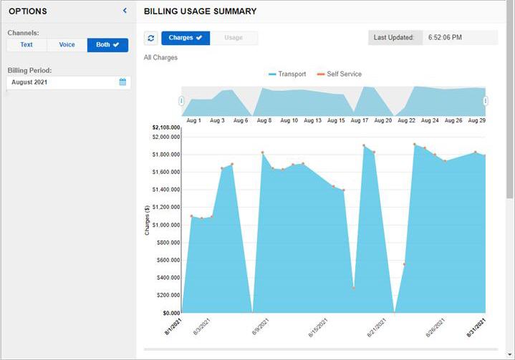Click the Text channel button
(27, 45)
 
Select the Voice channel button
(67, 45)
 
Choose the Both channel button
(107, 45)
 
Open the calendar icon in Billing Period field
(122, 82)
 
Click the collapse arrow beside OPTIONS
(125, 11)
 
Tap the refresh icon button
(151, 38)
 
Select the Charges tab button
(186, 38)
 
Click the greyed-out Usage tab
(234, 38)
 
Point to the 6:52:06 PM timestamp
(445, 38)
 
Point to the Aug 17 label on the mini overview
(360, 121)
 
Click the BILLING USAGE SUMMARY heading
(200, 11)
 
